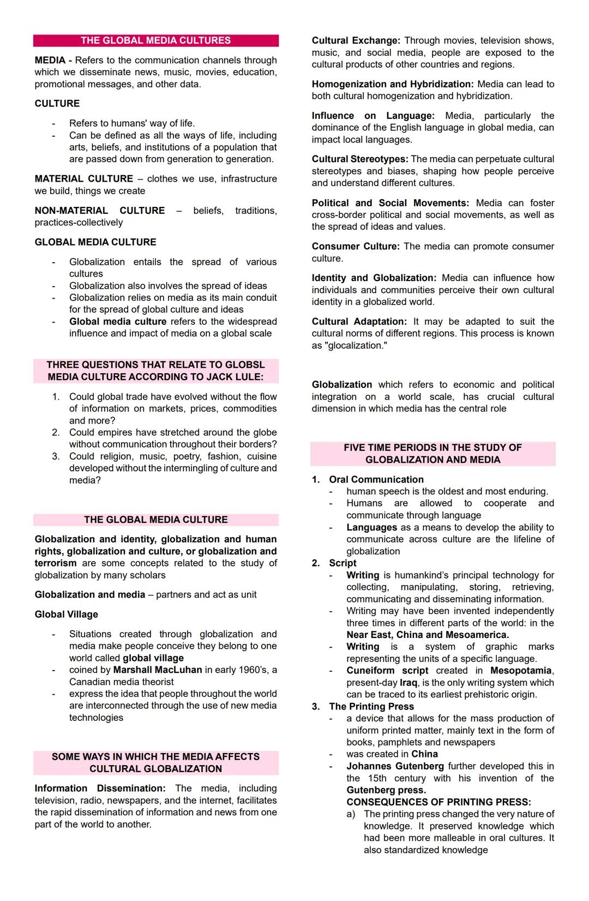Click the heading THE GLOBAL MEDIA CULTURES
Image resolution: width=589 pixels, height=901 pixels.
155,40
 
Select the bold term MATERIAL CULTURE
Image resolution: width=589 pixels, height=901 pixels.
83,179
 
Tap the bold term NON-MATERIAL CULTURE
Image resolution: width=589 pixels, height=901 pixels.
99,211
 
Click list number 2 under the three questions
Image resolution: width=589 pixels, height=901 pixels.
56,433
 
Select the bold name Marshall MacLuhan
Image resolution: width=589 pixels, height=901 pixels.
158,670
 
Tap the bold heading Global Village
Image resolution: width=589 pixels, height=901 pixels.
66,614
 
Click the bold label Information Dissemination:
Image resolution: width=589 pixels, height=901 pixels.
100,789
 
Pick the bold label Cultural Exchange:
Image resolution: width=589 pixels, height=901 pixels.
356,41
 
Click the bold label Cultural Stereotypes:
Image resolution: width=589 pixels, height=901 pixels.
359,159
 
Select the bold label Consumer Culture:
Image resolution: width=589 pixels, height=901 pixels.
355,247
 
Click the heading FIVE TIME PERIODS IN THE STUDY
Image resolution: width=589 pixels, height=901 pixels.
432,448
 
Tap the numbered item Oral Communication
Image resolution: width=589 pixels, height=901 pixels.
376,480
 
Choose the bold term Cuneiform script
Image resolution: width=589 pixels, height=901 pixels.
387,671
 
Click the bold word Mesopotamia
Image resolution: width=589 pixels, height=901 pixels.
521,671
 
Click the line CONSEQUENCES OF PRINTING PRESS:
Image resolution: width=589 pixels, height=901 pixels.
438,802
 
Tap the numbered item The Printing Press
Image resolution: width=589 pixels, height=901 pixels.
371,707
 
